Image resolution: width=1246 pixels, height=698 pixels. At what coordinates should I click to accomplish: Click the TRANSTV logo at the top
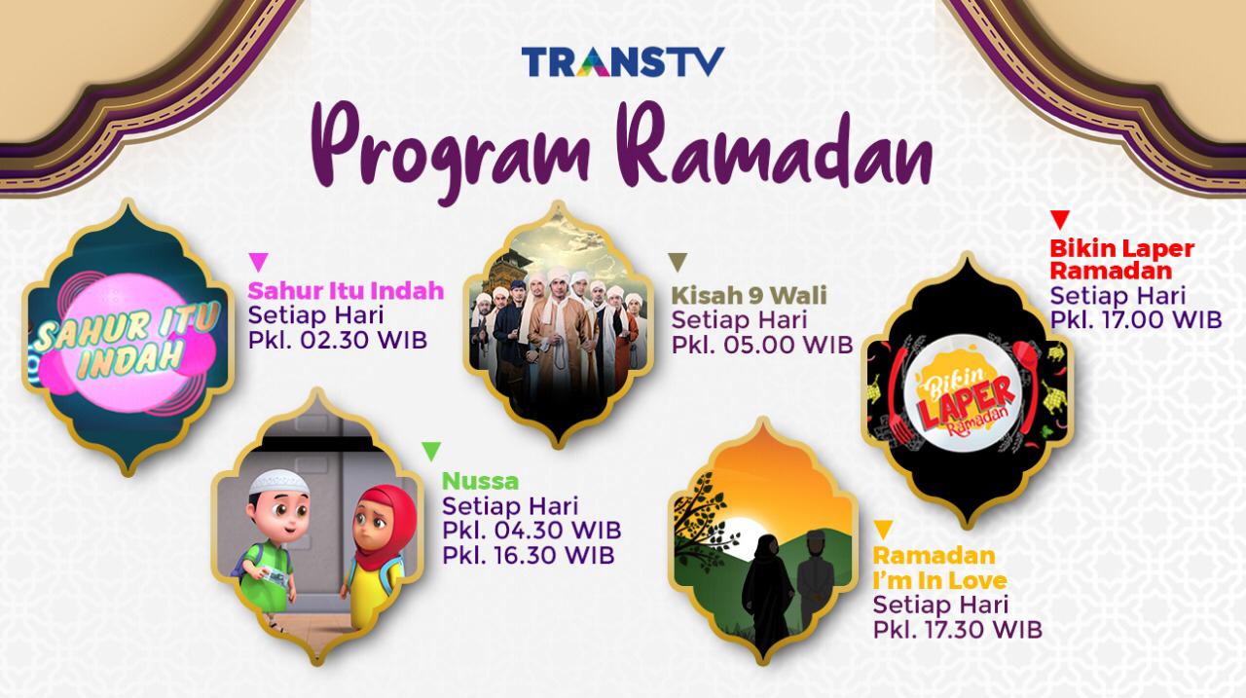coord(623,61)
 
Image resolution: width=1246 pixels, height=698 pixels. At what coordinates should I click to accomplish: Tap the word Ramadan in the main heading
coord(774,146)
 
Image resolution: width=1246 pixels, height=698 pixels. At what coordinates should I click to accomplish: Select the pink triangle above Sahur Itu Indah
coord(259,262)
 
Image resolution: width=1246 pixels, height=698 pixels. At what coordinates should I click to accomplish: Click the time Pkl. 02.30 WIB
coord(338,341)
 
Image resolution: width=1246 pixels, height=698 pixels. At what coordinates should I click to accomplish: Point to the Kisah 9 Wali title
coord(750,295)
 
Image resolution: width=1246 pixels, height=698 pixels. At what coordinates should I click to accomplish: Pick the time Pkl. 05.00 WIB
coord(762,345)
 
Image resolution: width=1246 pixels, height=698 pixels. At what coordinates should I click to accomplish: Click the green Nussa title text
coord(481,482)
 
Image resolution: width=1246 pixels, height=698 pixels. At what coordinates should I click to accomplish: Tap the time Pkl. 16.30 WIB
coord(529,555)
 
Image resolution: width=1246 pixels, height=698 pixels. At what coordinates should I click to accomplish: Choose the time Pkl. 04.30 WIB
coord(531,530)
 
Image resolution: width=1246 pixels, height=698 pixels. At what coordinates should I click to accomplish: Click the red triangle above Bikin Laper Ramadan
coord(1060,220)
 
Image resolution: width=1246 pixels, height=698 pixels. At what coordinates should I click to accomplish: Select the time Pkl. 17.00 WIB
coord(1135,320)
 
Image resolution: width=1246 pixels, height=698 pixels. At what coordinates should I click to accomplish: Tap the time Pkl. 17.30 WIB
coord(957,630)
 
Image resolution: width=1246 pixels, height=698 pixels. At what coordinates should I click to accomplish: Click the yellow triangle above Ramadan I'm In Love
coord(883,530)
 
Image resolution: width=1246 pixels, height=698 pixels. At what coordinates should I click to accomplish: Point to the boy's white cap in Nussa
coord(278,482)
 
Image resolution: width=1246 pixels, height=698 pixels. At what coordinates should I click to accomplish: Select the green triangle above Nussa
coord(431,451)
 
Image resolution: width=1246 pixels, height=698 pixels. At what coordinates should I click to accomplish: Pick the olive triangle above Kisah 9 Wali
coord(678,262)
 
